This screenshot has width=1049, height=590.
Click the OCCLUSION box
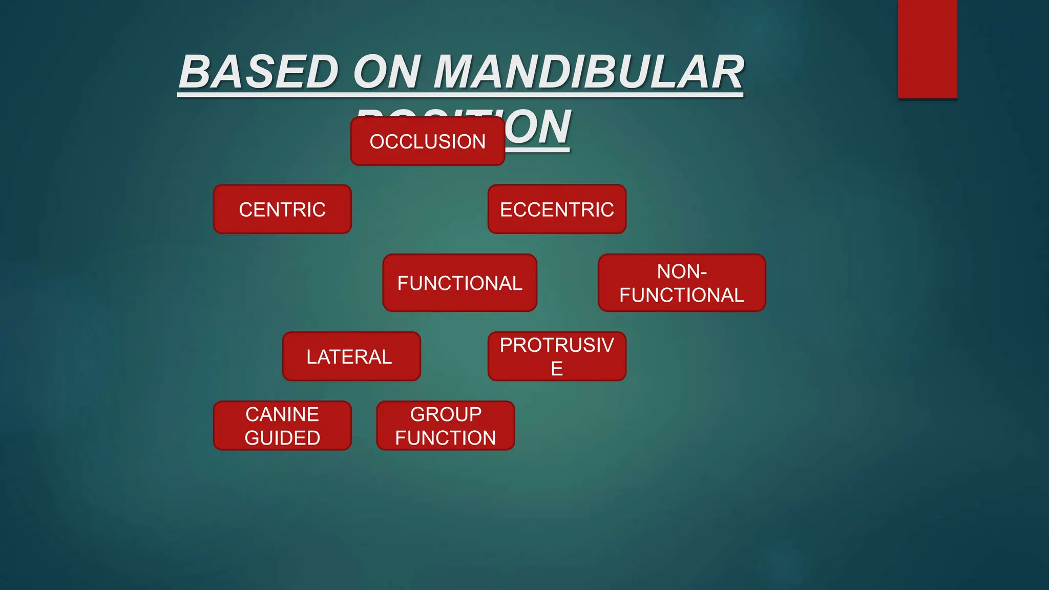coord(428,141)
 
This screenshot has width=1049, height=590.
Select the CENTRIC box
coord(282,209)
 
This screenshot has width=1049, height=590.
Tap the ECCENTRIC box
coord(557,209)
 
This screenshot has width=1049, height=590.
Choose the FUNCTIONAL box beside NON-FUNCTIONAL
coord(459,283)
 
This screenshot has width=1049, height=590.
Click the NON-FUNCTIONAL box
coord(682,283)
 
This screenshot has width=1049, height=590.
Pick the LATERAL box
coord(351,356)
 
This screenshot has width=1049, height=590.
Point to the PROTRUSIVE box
coord(557,356)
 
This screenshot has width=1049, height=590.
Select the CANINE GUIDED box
coord(282,426)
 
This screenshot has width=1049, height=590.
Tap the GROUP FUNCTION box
coord(446,426)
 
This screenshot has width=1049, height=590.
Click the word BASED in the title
coord(259,72)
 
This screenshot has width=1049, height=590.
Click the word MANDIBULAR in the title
coord(589,72)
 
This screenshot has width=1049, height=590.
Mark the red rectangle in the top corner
coord(927,49)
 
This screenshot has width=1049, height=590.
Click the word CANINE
coord(282,414)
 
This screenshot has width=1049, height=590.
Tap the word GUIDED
coord(282,438)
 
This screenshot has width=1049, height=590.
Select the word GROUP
coord(446,414)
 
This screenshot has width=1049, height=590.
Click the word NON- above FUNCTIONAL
coord(682,271)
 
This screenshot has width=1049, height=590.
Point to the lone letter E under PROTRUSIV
coord(557,369)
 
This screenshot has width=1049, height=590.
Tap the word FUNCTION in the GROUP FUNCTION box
coord(446,438)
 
